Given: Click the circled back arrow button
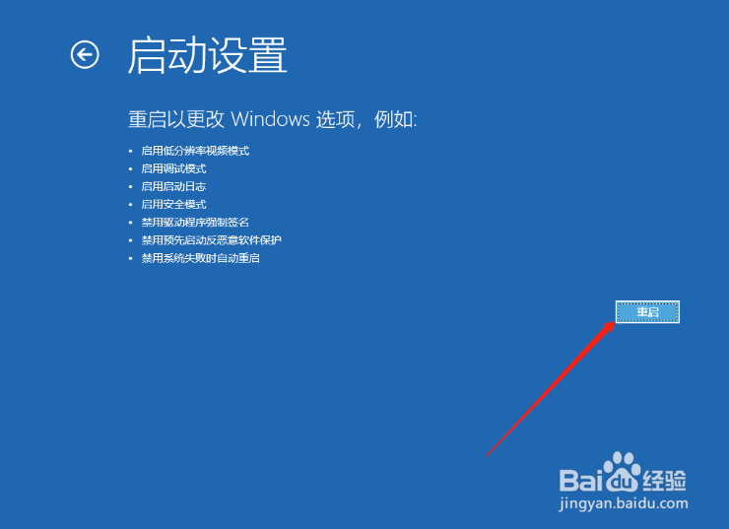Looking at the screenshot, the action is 85,55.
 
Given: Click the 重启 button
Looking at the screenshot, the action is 647,311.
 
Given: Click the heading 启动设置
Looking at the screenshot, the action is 207,55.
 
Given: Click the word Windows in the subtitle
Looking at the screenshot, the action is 270,119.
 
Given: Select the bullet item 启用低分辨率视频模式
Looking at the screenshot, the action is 195,151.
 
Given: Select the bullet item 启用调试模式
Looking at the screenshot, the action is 174,168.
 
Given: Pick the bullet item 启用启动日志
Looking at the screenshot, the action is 174,186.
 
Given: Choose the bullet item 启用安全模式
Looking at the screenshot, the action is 174,204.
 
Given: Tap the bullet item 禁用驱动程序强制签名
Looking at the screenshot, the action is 195,223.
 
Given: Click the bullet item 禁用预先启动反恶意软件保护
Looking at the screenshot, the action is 212,239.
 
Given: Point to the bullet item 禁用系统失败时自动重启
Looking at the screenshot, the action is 200,258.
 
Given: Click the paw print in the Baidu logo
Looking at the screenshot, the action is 622,471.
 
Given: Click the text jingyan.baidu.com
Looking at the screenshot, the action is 624,503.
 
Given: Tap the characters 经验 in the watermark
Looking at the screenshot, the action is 664,480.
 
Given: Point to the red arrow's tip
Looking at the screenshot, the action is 615,321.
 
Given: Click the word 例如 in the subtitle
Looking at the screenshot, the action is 394,119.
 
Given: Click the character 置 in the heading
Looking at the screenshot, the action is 268,55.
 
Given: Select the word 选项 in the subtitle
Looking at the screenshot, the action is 336,119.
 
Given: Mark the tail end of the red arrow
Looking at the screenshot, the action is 487,456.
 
